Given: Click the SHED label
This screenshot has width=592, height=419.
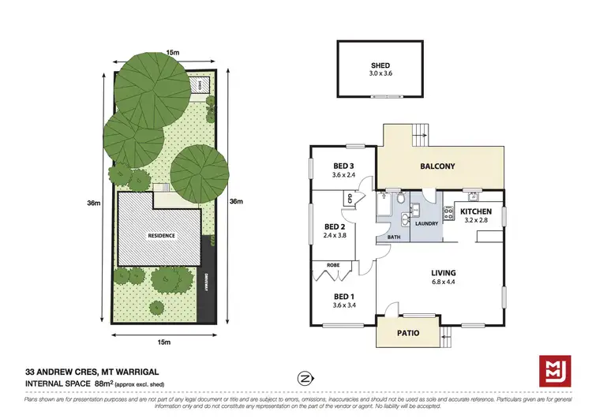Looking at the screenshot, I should point(382,65).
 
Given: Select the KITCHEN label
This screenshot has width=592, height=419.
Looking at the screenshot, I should point(476,211).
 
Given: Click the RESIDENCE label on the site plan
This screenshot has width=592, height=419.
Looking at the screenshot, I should point(160,236).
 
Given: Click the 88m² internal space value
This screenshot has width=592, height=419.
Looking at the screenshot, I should point(105,384).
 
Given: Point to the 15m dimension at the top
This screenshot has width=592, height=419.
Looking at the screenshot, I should point(171,53).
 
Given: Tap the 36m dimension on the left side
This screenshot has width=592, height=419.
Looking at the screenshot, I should point(93,203).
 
